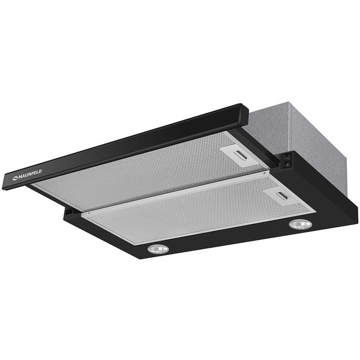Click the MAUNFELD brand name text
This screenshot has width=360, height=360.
(x=30, y=175)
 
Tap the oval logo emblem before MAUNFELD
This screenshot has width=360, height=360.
(x=15, y=178)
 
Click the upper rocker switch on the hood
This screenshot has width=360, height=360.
(x=287, y=158)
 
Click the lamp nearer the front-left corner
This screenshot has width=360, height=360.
(x=158, y=249)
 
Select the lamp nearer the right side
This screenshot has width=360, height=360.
(x=301, y=224)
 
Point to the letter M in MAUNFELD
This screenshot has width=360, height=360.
(x=20, y=177)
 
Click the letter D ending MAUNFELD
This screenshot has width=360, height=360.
(x=40, y=172)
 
